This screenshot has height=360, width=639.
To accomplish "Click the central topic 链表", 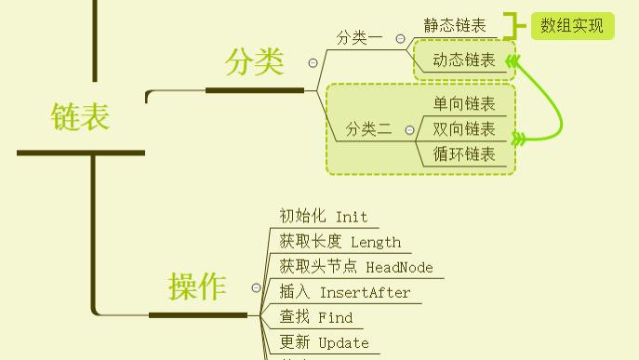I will [x=80, y=116].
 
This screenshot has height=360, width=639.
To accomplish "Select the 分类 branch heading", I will [x=254, y=62].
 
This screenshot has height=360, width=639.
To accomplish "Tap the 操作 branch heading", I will [x=197, y=287].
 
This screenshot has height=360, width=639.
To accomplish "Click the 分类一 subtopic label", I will [x=359, y=38].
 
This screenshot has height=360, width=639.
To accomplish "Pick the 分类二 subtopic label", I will [x=368, y=129].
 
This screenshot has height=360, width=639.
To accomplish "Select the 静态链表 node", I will [x=455, y=26].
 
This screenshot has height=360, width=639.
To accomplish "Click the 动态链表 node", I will [x=464, y=61].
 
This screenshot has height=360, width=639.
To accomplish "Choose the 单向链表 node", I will [x=464, y=104].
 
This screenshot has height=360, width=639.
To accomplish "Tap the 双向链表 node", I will [x=464, y=129].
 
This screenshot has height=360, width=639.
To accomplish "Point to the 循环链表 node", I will [x=464, y=154].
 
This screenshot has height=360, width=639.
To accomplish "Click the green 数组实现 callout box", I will [x=572, y=26].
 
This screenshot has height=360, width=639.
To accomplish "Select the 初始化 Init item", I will [x=324, y=217].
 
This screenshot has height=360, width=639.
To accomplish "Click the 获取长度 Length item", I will [x=339, y=242].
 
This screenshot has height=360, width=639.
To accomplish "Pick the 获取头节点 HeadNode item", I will [x=356, y=267].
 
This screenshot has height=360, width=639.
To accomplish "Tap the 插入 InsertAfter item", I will [x=344, y=292].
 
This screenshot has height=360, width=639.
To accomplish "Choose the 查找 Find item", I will [x=316, y=317].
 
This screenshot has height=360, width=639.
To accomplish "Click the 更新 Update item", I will [x=324, y=342].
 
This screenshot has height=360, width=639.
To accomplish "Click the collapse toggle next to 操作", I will [x=257, y=288].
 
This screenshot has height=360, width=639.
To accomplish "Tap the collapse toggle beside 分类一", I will [x=401, y=39].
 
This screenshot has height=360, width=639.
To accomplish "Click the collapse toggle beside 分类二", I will [x=409, y=130].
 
